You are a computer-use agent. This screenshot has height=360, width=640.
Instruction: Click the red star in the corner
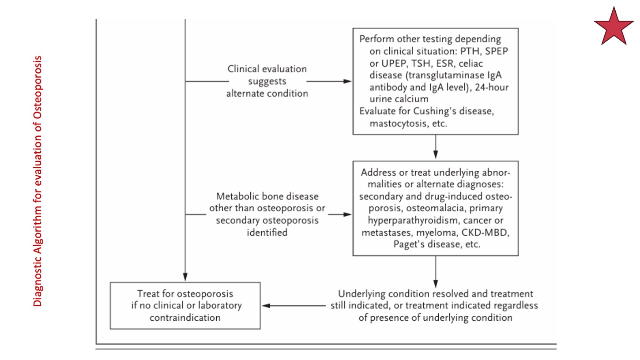614,26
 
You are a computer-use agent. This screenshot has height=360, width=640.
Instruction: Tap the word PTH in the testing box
470,51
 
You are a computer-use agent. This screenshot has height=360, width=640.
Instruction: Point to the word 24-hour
492,87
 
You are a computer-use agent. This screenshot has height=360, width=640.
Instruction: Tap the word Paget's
409,244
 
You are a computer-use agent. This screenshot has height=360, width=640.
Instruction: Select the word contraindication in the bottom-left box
185,318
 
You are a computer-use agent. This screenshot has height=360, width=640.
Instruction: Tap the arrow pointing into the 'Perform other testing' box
329,81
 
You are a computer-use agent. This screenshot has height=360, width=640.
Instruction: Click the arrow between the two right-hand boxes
436,147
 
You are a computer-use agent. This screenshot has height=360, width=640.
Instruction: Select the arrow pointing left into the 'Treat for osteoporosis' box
294,306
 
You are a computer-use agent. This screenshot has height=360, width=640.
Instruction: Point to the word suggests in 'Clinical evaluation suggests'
267,81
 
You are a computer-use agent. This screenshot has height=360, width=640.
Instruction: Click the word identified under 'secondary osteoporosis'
267,232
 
